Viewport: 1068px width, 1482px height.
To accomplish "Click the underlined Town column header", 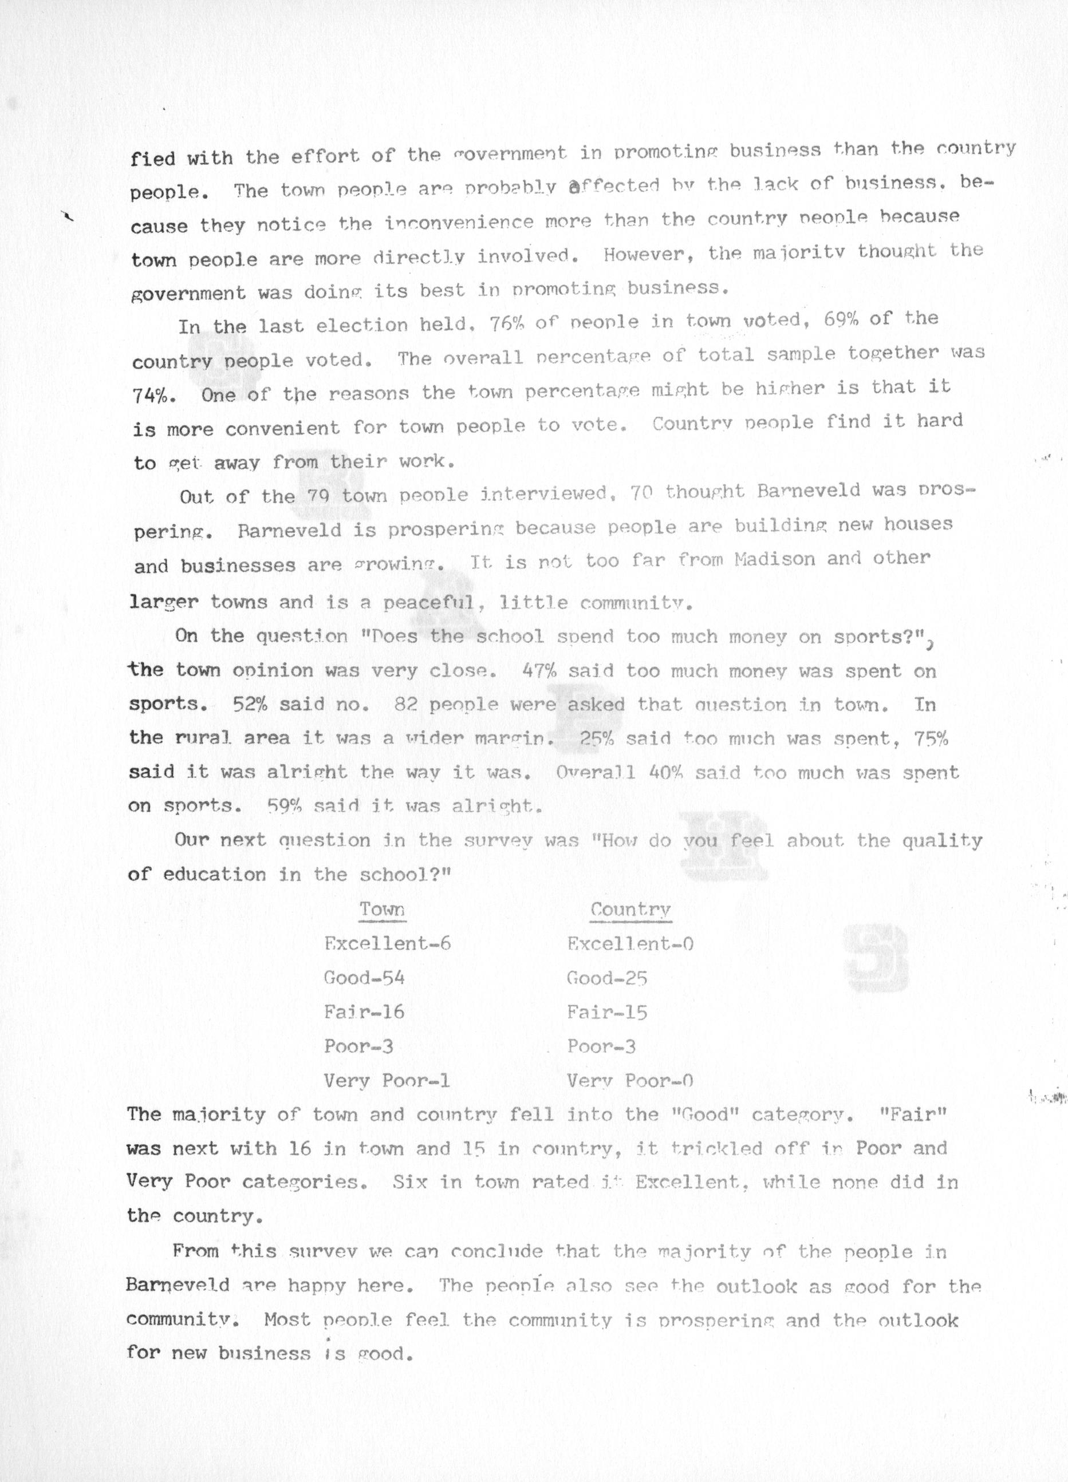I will [x=383, y=910].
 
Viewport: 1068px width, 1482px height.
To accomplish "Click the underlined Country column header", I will [x=630, y=910].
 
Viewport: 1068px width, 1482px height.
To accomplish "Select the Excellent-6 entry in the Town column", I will [x=387, y=943].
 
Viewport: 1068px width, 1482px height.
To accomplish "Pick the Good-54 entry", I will [x=364, y=978].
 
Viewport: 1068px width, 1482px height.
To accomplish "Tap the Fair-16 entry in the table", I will [x=364, y=1012].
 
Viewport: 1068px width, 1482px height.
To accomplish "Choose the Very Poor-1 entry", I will [x=387, y=1081].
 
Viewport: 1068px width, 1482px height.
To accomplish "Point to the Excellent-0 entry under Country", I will [x=630, y=943].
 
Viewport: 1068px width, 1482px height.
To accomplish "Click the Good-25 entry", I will [x=606, y=978].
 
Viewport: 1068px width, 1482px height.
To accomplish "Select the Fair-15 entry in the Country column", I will [x=606, y=1013].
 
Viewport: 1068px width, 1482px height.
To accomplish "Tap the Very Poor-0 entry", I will [x=629, y=1081].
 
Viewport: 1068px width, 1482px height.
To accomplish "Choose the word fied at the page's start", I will [x=153, y=159].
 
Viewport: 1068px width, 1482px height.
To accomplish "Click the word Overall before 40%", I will [x=596, y=772].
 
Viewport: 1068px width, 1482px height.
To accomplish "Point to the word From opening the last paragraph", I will [x=195, y=1251].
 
